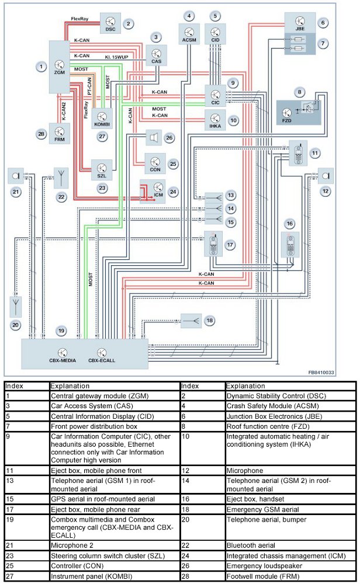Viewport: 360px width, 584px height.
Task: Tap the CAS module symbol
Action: point(155,56)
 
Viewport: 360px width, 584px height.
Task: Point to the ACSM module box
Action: point(188,33)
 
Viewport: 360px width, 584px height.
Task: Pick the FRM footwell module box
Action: point(60,134)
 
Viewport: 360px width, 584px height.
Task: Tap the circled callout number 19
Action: point(61,331)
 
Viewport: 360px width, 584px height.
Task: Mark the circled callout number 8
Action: point(300,92)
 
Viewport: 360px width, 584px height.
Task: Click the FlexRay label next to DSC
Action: point(81,19)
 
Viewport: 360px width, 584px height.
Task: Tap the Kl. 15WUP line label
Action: point(116,58)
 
